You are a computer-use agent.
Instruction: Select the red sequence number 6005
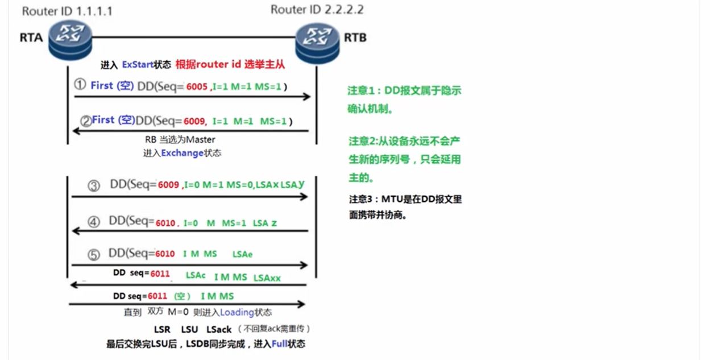tap(197, 87)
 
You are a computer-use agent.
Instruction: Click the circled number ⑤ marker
tap(94, 254)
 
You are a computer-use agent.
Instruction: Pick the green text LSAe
tap(242, 254)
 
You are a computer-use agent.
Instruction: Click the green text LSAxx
tap(267, 278)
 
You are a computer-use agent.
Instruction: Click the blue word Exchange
tap(181, 153)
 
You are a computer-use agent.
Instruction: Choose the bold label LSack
tap(219, 329)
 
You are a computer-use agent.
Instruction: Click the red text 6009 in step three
tap(168, 185)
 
